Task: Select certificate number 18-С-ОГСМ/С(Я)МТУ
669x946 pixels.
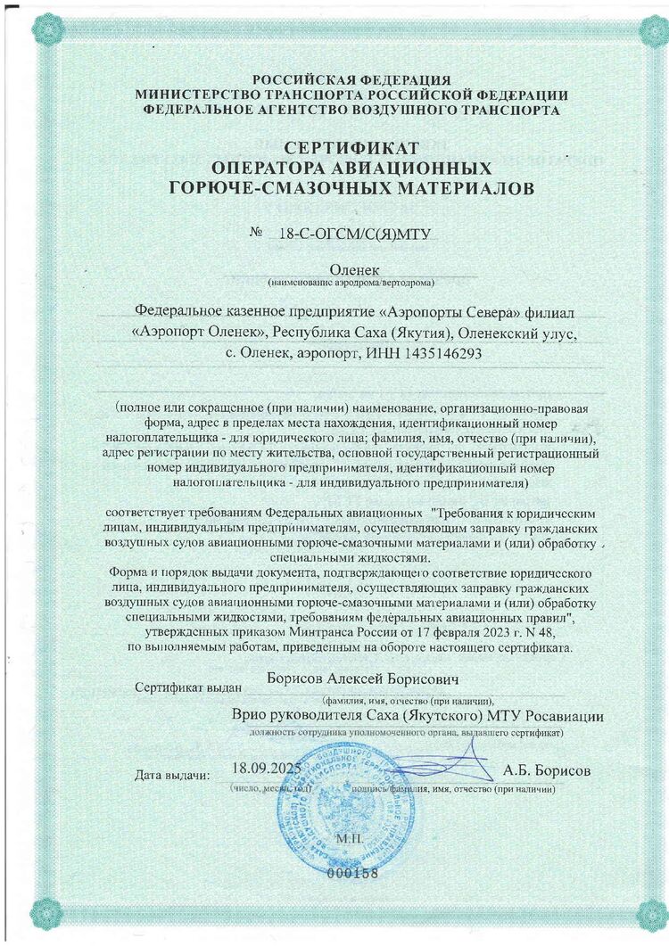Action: coord(355,234)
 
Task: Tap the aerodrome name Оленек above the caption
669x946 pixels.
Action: coord(354,269)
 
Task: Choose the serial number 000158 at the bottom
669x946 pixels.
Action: coord(353,873)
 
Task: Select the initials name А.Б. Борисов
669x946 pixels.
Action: coord(546,769)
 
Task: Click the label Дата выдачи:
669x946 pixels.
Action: coord(172,775)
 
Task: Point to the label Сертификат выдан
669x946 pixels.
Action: coord(185,688)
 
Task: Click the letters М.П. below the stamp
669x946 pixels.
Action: coord(346,839)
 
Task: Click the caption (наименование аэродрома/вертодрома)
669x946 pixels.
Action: coord(351,283)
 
